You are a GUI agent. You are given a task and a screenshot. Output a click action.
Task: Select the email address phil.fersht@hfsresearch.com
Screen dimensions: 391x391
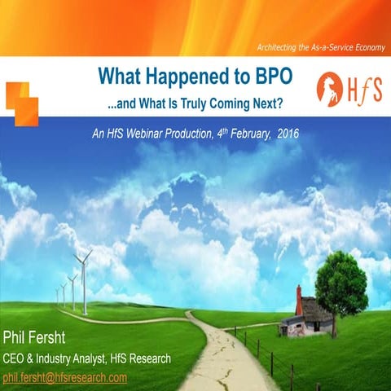65,378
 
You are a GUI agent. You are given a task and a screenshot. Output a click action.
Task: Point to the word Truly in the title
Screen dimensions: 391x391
185,106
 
